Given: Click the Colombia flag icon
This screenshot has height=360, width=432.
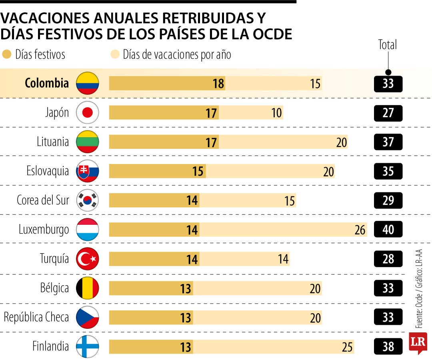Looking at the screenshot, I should (x=87, y=83).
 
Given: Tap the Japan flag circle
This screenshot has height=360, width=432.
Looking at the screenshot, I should (x=87, y=113).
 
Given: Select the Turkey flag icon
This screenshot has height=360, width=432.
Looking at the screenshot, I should (x=87, y=259).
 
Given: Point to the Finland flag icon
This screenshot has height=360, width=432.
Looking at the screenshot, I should (x=87, y=346).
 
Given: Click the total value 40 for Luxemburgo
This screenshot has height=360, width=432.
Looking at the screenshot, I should (x=388, y=230).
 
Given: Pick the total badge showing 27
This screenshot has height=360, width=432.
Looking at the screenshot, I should (x=388, y=113).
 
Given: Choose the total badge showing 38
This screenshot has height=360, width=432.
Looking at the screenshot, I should (x=388, y=346).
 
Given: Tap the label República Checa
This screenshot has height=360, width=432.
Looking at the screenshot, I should (x=36, y=317).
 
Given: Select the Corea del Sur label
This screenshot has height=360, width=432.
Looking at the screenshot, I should (x=43, y=200).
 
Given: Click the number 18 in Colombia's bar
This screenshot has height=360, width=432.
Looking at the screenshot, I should (x=218, y=84).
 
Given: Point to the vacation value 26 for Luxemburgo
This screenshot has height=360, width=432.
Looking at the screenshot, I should (x=360, y=230).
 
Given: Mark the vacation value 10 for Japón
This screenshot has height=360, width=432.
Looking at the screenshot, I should (x=276, y=113).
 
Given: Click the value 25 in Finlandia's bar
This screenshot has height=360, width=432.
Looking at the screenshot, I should (x=348, y=347).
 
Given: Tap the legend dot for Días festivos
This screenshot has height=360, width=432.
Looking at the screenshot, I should (x=7, y=54).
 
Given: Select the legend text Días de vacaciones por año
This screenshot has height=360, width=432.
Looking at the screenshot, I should (x=177, y=54).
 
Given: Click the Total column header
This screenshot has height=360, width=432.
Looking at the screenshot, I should (x=388, y=45).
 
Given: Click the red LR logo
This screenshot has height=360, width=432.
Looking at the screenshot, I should (x=418, y=342).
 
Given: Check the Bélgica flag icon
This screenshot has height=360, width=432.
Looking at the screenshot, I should (x=87, y=288).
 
